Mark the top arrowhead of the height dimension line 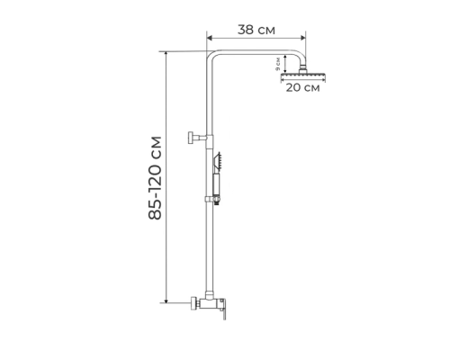pos(166,52)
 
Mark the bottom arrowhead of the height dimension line pos(166,303)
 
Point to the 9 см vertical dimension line pos(285,65)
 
